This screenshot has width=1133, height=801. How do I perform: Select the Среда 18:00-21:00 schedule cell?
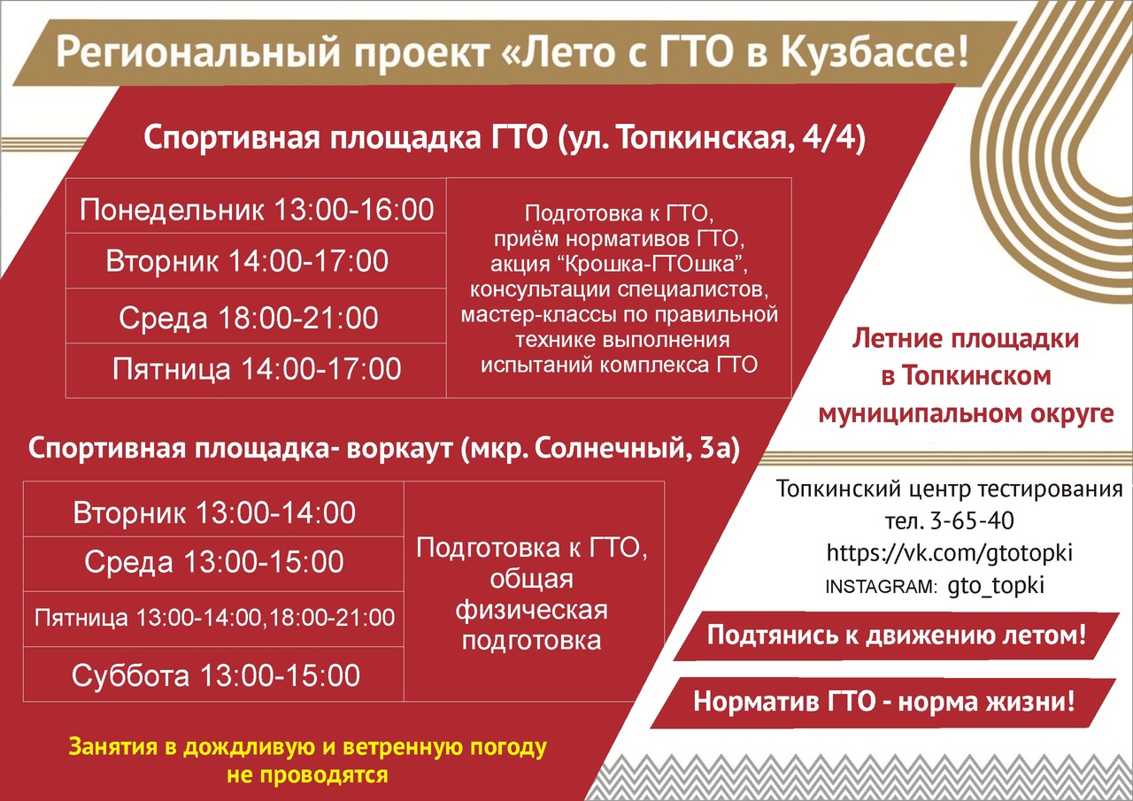[256, 316]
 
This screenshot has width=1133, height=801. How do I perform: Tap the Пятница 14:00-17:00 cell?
[256, 371]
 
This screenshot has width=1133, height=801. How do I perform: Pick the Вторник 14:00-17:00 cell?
[256, 261]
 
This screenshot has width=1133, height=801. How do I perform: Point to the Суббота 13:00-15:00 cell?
[213, 674]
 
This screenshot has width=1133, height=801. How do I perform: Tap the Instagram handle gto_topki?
[996, 586]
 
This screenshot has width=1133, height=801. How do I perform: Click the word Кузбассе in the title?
[875, 51]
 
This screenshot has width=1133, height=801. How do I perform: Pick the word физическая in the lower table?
[532, 611]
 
